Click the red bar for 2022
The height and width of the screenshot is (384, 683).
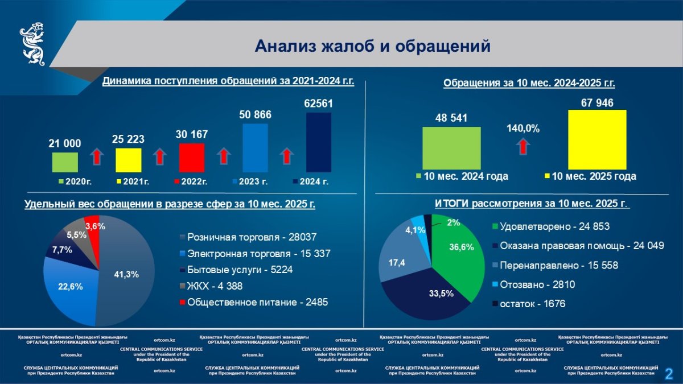pyautogui.click(x=191, y=158)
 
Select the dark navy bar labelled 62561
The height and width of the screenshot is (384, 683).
pyautogui.click(x=319, y=142)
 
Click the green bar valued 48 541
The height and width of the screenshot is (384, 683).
pyautogui.click(x=451, y=148)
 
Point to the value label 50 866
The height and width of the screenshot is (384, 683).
pyautogui.click(x=255, y=115)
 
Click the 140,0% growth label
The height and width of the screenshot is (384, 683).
pyautogui.click(x=523, y=129)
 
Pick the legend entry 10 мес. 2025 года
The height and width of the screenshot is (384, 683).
pyautogui.click(x=590, y=176)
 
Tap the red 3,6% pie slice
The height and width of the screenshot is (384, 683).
pyautogui.click(x=93, y=226)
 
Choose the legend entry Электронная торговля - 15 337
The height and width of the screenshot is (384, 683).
pyautogui.click(x=258, y=253)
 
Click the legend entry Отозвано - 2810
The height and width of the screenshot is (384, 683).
pyautogui.click(x=535, y=284)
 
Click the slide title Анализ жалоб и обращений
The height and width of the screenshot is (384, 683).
pyautogui.click(x=372, y=46)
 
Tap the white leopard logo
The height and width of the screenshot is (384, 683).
pyautogui.click(x=33, y=44)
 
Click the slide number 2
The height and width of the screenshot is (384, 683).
pyautogui.click(x=669, y=373)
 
